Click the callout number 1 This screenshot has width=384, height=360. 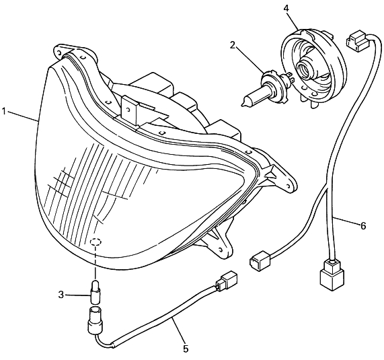(x=3, y=112)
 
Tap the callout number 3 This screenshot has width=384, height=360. (x=61, y=295)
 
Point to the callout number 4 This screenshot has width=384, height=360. (x=286, y=8)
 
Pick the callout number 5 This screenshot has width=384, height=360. (x=186, y=349)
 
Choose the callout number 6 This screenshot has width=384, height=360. (x=363, y=225)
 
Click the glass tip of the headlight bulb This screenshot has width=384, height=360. (x=243, y=105)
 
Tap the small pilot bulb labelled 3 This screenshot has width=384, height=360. (x=94, y=292)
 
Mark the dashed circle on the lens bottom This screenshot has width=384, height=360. (x=95, y=242)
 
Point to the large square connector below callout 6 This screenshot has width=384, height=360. (x=332, y=275)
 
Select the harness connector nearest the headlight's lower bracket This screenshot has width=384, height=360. (x=260, y=260)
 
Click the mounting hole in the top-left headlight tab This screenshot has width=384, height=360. (x=59, y=52)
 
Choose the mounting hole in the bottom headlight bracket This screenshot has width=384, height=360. (x=221, y=249)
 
